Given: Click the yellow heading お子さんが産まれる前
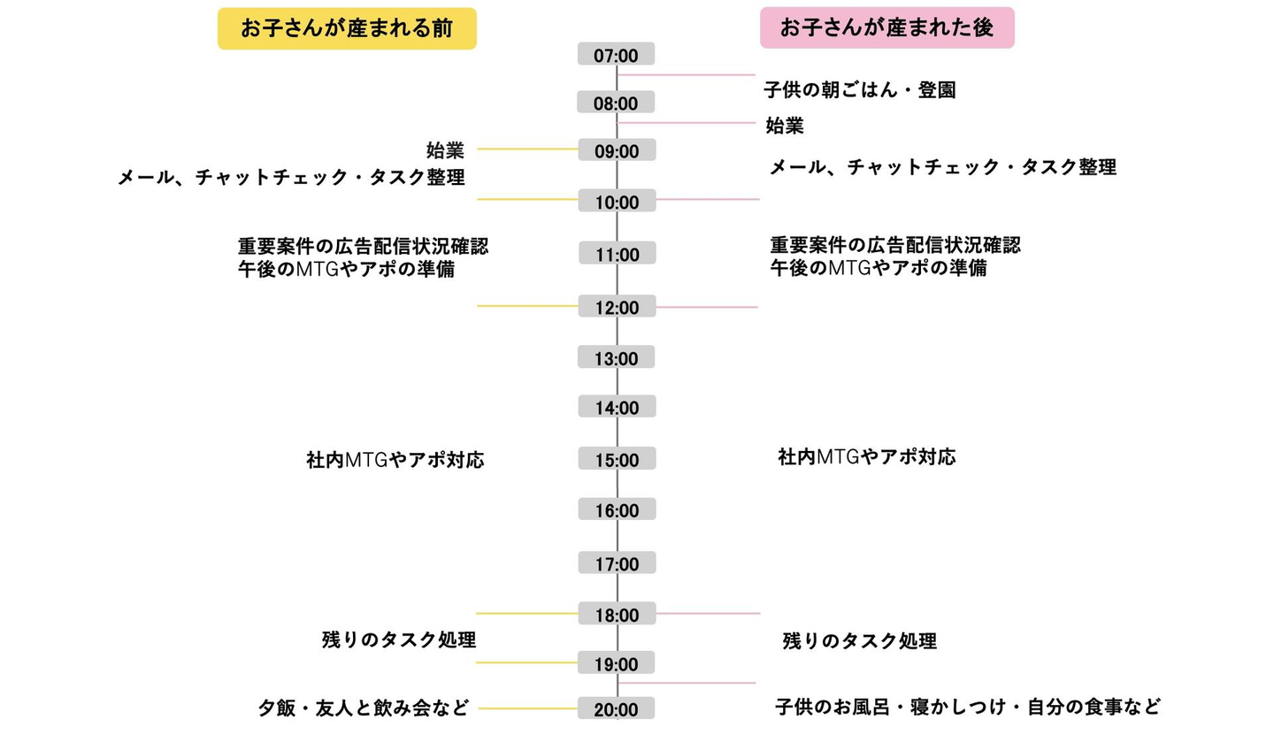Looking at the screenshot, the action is [347, 28].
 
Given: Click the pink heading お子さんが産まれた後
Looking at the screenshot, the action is [887, 27].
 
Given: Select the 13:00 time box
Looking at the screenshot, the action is [616, 357].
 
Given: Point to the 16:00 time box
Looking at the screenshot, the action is [618, 509].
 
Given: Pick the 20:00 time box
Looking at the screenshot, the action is [616, 708].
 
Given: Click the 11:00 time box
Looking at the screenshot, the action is [618, 254].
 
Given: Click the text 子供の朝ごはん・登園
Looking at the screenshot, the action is [859, 90].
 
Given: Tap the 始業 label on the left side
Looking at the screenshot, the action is [445, 150].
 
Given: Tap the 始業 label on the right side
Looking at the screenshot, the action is [785, 126].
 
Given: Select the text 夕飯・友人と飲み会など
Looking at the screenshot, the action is [364, 708].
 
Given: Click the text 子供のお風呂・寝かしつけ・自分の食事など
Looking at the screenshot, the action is [968, 707].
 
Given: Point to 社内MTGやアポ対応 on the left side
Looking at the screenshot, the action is [395, 459].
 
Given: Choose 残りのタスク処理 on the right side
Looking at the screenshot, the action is [859, 640].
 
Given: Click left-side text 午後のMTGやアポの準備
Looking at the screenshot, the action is [347, 269].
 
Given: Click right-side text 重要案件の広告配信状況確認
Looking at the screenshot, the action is [895, 245].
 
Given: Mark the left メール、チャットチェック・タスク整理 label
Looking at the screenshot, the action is [291, 178].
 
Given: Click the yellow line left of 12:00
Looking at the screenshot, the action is [528, 306].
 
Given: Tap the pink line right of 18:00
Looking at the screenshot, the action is [708, 613].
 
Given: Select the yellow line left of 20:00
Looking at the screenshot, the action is [528, 708].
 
